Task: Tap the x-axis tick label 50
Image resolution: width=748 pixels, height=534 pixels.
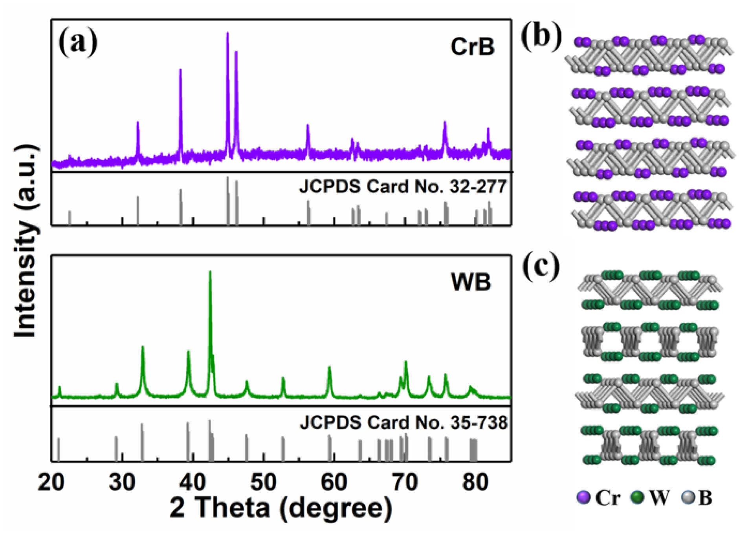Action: click(263, 482)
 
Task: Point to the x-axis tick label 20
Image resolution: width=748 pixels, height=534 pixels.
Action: click(51, 482)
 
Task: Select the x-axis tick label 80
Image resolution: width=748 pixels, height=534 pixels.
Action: click(475, 482)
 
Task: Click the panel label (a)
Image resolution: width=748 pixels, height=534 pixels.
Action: click(78, 42)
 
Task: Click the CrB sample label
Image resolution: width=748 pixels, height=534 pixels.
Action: click(472, 47)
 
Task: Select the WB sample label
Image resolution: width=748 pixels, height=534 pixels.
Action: click(471, 282)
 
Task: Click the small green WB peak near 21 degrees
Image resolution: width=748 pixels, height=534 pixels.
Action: click(59, 389)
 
